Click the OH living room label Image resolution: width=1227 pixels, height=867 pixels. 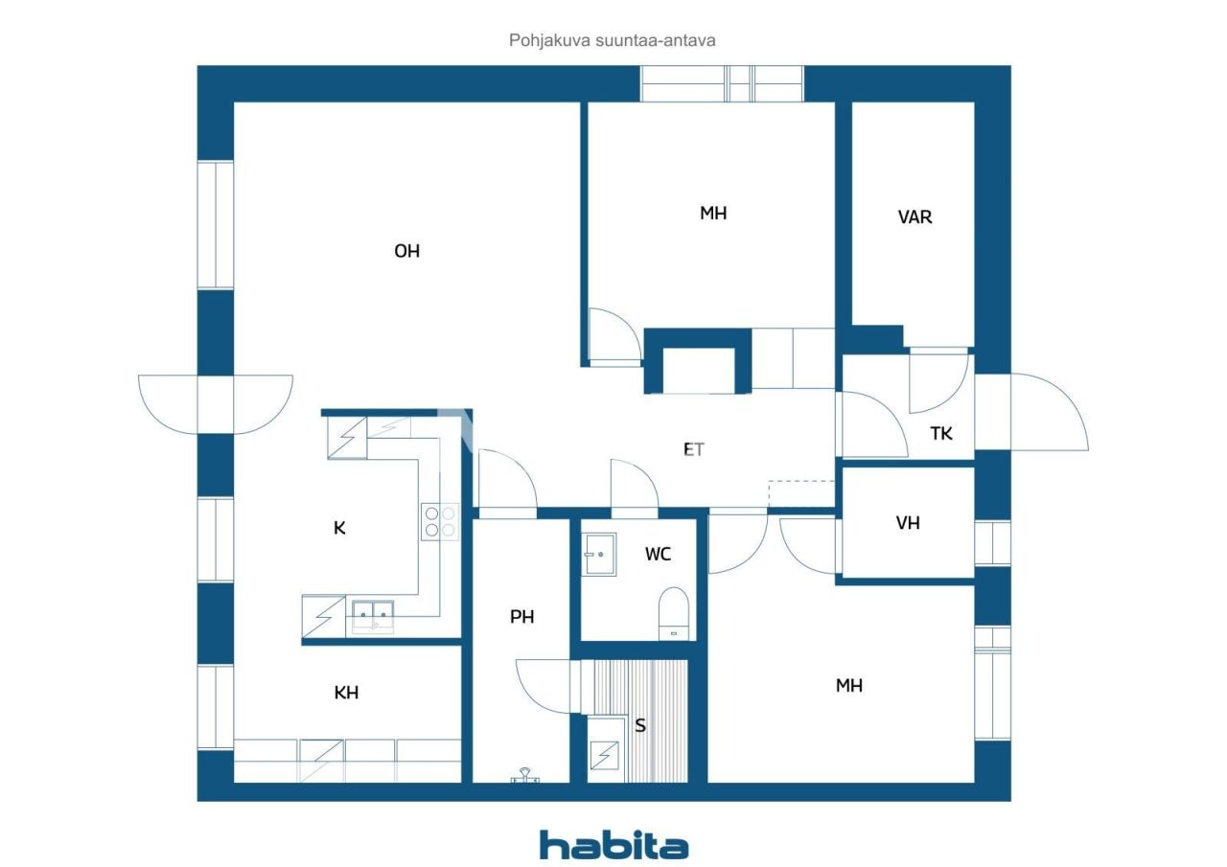point(407,251)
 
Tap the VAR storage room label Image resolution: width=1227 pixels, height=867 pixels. point(914,217)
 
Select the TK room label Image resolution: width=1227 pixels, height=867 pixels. point(941,433)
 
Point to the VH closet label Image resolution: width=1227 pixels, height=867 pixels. point(908,523)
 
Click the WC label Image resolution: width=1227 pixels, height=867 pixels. point(658,554)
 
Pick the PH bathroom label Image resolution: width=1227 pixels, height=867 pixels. point(521,617)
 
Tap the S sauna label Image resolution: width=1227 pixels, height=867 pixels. point(640,725)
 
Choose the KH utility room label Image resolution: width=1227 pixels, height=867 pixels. point(346,692)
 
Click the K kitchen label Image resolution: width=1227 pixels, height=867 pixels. point(339,528)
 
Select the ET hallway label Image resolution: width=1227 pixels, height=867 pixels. point(693,448)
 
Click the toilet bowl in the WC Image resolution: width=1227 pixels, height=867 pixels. point(674,610)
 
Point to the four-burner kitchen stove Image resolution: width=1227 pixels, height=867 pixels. point(440,520)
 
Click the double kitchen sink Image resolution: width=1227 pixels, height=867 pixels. point(373,614)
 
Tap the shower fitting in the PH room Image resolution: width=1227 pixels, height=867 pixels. point(524,775)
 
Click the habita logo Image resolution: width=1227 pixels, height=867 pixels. point(613,844)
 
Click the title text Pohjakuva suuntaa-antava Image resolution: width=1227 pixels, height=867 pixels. point(613,40)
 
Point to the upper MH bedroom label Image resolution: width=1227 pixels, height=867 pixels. point(712,213)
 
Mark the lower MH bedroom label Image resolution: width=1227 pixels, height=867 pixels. point(848,685)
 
